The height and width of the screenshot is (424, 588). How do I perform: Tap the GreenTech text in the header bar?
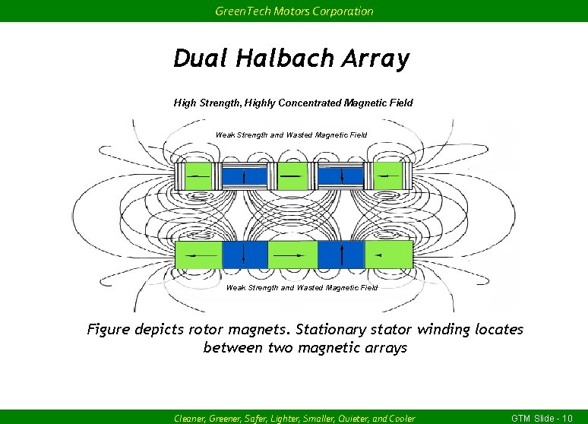pyautogui.click(x=236, y=11)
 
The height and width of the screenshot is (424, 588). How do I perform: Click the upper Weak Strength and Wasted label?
pyautogui.click(x=291, y=134)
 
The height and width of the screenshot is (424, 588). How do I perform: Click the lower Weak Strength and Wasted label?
pyautogui.click(x=302, y=287)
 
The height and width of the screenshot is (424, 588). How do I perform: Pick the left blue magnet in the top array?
pyautogui.click(x=244, y=176)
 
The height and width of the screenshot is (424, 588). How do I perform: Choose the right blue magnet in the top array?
pyautogui.click(x=341, y=176)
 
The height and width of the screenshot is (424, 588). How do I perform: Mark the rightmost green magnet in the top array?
pyautogui.click(x=387, y=176)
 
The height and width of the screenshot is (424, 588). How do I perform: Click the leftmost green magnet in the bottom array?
pyautogui.click(x=199, y=255)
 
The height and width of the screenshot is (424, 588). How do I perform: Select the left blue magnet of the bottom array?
pyautogui.click(x=244, y=255)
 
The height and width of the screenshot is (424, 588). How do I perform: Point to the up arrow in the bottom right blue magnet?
pyautogui.click(x=342, y=254)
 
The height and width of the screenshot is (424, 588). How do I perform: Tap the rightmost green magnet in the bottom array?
pyautogui.click(x=388, y=255)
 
